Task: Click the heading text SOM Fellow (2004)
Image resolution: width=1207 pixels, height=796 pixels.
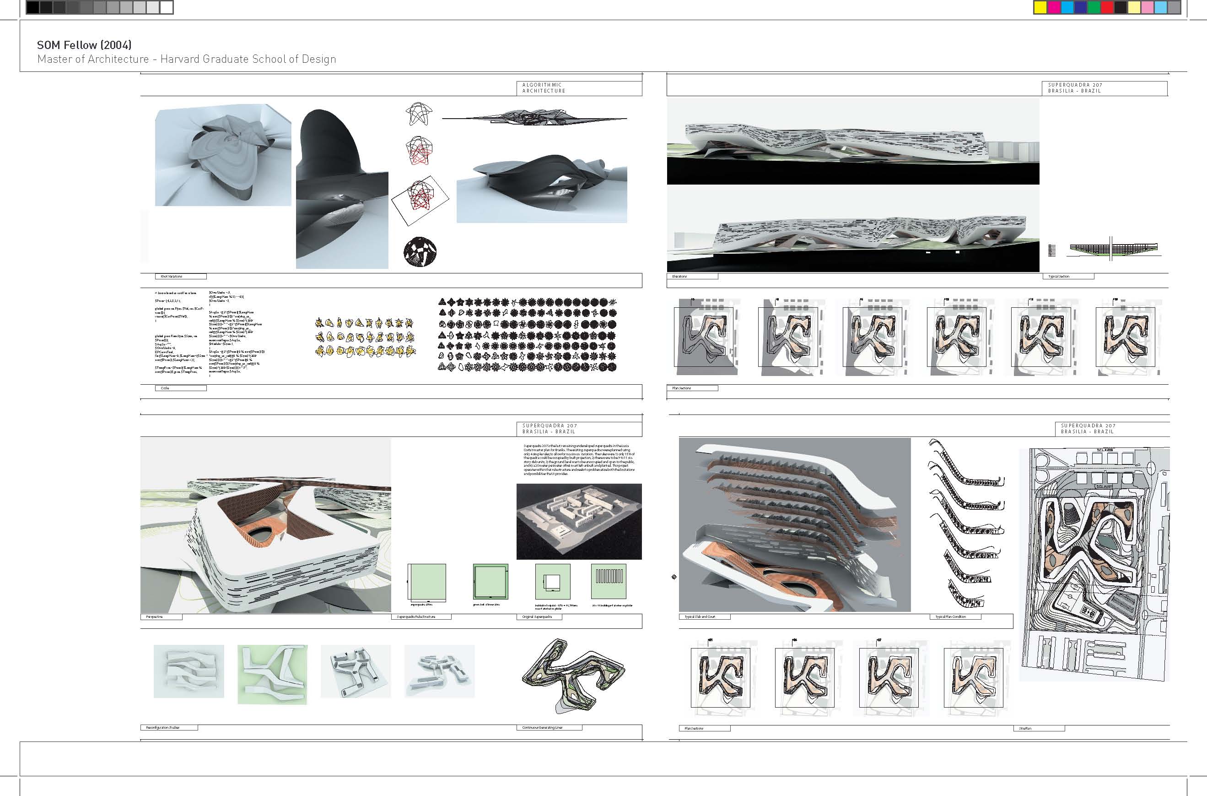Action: click(x=84, y=45)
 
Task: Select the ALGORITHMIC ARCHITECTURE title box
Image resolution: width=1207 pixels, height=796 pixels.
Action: click(x=579, y=88)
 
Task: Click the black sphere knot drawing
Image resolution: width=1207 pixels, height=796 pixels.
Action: click(x=420, y=252)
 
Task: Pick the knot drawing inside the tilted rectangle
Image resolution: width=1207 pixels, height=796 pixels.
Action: click(x=420, y=200)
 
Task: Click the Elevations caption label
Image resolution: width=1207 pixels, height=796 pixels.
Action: click(x=692, y=277)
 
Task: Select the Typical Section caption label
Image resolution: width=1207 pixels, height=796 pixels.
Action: click(x=1070, y=277)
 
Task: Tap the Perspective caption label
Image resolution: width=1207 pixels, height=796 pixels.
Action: click(x=161, y=617)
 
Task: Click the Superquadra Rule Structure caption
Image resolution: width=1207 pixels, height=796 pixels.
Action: click(x=421, y=617)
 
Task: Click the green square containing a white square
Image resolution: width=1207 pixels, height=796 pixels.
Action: click(x=552, y=582)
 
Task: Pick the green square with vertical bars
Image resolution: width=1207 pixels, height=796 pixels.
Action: click(x=608, y=582)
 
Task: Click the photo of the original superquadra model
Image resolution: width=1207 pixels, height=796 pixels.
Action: click(x=579, y=521)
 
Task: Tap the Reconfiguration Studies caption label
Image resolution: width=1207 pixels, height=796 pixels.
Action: click(x=168, y=727)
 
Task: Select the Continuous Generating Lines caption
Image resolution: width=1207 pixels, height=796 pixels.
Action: click(x=548, y=727)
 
